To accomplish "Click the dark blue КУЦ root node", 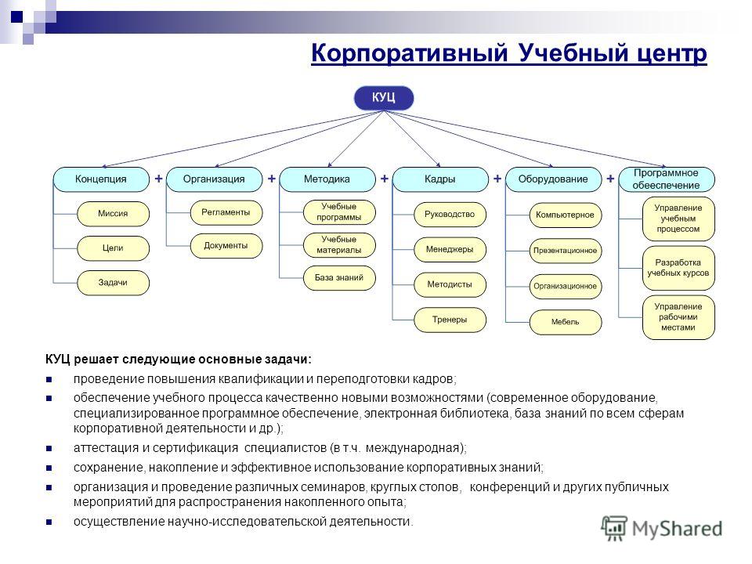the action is pos(383,98).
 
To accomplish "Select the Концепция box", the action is pos(101,179).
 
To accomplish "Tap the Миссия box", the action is pos(113,214).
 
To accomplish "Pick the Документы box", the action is pos(226,246).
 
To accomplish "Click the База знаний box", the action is pos(339,278).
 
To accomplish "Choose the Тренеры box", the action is pos(450,320).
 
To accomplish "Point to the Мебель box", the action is pos(566,322).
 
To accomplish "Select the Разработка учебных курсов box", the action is pos(678,268).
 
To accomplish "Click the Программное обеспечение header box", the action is pos(667,179).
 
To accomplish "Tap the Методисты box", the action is pos(450,284).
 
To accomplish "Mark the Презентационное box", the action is pos(566,251).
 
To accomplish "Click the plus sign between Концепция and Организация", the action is pos(158,179).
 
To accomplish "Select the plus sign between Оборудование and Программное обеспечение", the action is pos(610,179).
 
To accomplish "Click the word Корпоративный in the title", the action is pos(409,52).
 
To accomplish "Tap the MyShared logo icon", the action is pos(614,528).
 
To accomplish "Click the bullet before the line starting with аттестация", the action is pos(49,448).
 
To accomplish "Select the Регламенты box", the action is pos(226,212).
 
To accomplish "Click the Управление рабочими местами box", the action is pos(678,317).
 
